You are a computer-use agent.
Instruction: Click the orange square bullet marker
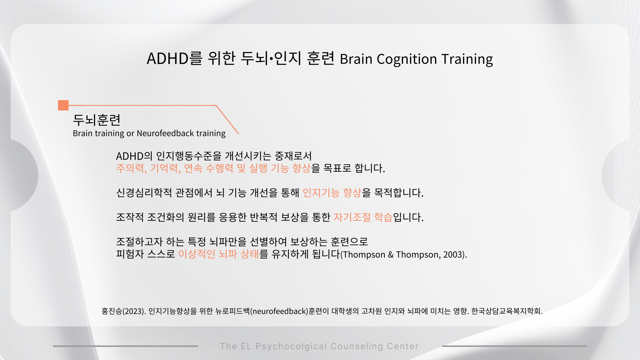[63, 105]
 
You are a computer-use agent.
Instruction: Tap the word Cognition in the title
[407, 59]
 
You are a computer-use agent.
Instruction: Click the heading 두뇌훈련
[97, 120]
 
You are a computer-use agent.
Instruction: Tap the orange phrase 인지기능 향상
[332, 193]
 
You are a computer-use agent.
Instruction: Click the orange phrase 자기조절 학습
[363, 217]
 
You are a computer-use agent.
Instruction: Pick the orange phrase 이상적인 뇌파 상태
[219, 254]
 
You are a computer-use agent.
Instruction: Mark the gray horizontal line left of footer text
[125, 346]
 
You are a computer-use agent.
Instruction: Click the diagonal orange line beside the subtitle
[227, 120]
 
